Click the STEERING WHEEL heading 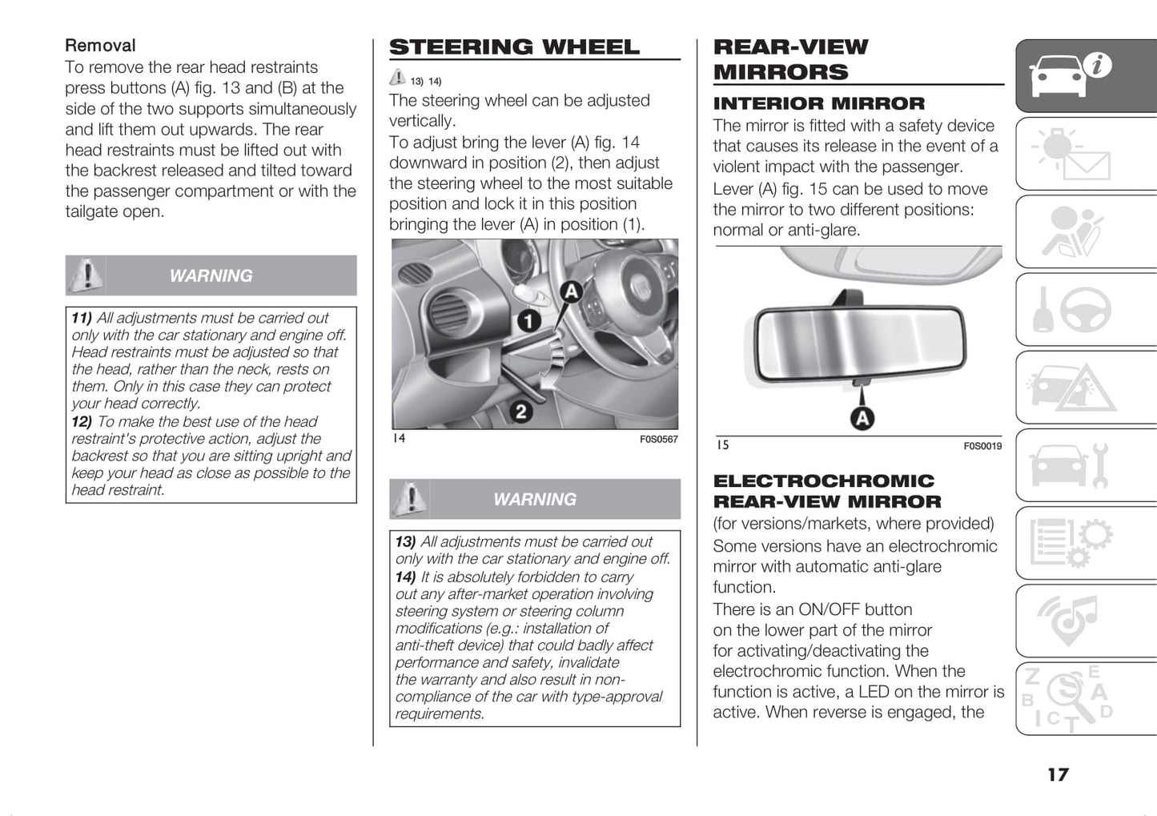[514, 47]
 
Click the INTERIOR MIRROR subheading [818, 104]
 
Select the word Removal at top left [100, 46]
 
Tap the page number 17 [1058, 774]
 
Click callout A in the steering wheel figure [570, 292]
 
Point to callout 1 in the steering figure [528, 322]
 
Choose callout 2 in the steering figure [521, 412]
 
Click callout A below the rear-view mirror [862, 417]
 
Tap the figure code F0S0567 [658, 440]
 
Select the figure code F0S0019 [982, 446]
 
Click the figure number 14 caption [399, 439]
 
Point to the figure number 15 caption [723, 445]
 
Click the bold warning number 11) [82, 318]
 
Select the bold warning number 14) [405, 577]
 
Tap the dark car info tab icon [1069, 74]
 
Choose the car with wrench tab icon [1070, 466]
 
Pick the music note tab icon [1068, 621]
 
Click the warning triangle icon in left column [86, 275]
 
